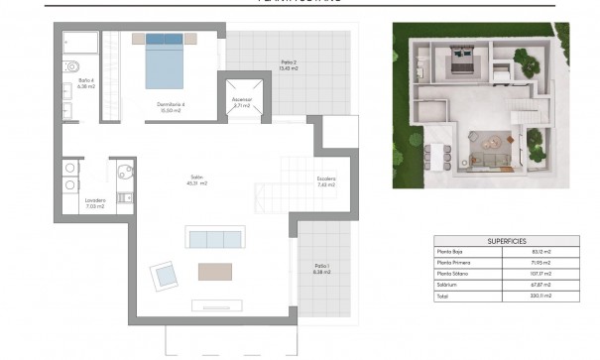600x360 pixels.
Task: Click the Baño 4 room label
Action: [86, 82]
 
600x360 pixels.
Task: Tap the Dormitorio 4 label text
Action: [171, 106]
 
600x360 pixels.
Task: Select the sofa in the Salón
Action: [215, 239]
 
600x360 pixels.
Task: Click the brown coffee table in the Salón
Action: [214, 271]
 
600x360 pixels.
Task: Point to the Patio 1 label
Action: [321, 268]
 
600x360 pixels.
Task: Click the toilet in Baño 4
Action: [71, 67]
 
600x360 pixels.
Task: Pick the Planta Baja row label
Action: [450, 252]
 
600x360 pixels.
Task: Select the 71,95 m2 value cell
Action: [540, 263]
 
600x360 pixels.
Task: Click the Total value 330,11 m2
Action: [540, 296]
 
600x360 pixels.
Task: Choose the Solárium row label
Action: [447, 285]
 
